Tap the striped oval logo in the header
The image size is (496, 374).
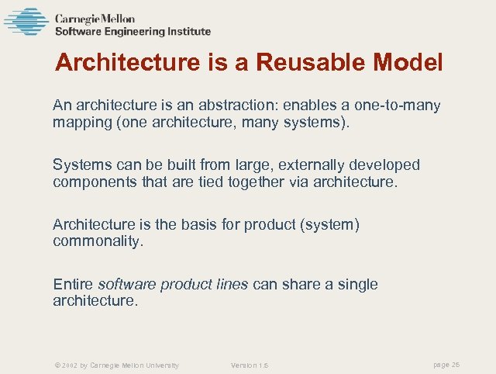pyautogui.click(x=26, y=22)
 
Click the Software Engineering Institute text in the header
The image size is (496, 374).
pyautogui.click(x=133, y=32)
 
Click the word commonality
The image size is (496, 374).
pyautogui.click(x=98, y=241)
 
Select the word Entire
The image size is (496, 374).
pyautogui.click(x=73, y=284)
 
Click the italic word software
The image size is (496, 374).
pyautogui.click(x=126, y=284)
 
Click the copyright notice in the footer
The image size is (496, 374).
pyautogui.click(x=117, y=365)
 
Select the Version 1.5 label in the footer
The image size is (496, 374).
pyautogui.click(x=250, y=365)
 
